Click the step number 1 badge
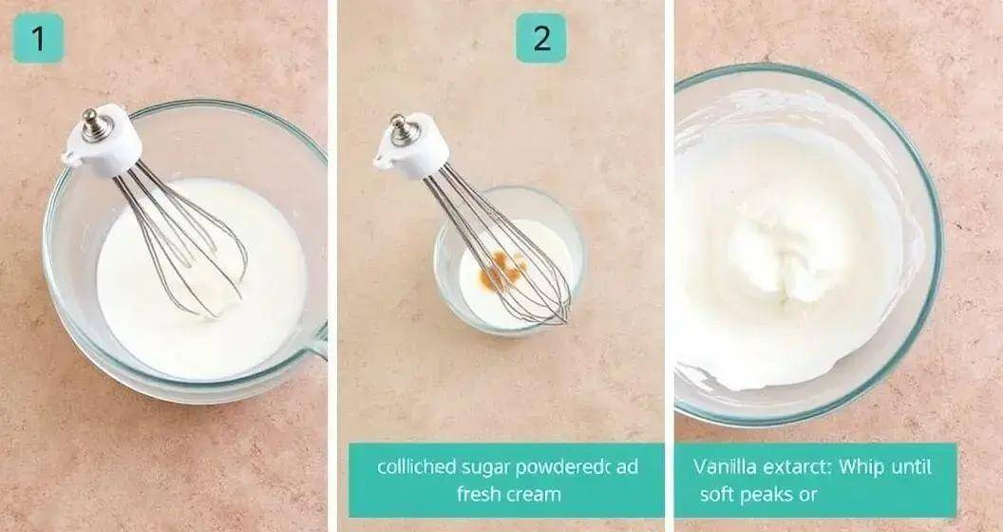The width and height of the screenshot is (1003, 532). [38, 38]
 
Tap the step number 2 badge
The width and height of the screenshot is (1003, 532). [541, 38]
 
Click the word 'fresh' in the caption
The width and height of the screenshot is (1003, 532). [476, 494]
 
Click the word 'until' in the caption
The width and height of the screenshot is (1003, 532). [910, 466]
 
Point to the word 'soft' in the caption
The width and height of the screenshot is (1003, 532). [715, 494]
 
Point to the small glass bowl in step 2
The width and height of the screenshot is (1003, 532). [509, 260]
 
